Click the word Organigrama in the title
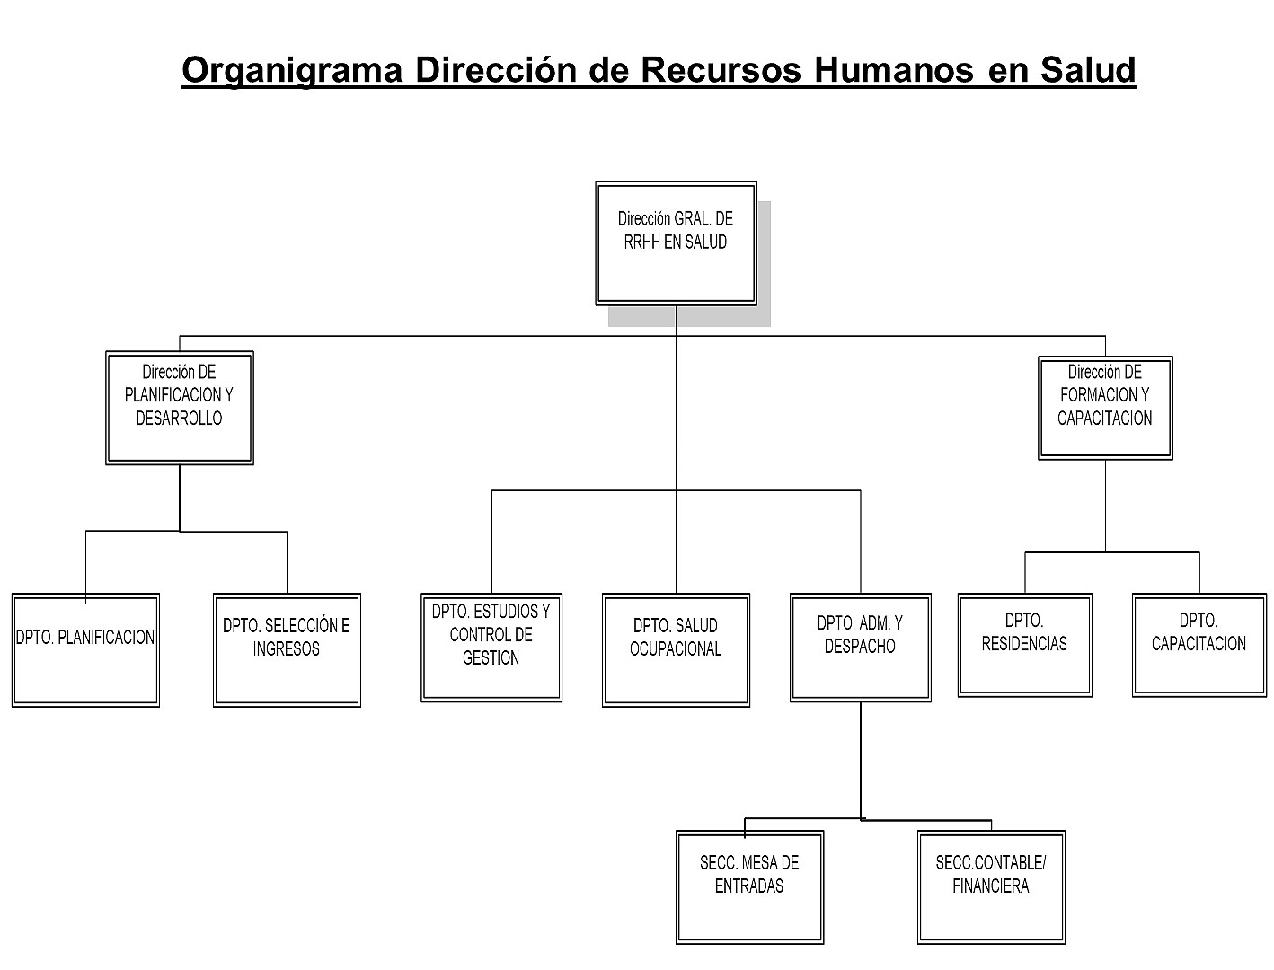coord(292,71)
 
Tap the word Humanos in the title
coord(893,70)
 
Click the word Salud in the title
coord(1088,70)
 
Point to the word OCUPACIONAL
coord(676,649)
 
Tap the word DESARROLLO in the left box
coord(179,419)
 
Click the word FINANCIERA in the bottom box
coord(991,886)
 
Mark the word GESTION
coord(491,657)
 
